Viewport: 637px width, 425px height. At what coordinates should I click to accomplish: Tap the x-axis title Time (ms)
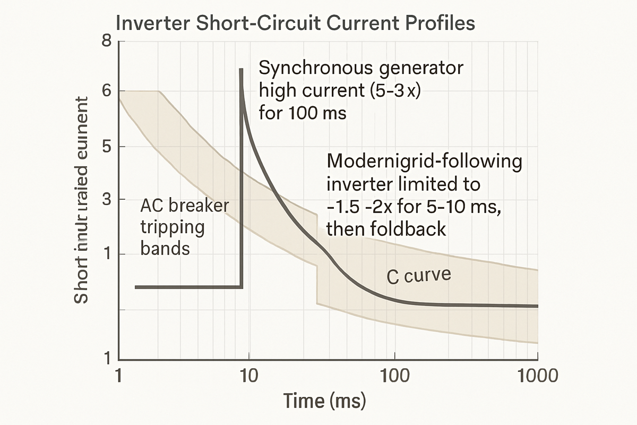(324, 399)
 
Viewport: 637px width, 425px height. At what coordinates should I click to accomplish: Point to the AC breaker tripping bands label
(177, 227)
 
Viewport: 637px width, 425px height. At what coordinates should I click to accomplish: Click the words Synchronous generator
(361, 69)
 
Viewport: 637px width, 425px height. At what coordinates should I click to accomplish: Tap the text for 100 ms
(303, 113)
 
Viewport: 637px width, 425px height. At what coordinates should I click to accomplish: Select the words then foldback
(385, 229)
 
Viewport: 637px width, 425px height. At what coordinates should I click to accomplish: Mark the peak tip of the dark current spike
(241, 69)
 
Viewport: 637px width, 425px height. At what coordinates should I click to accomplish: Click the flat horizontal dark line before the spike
(188, 287)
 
